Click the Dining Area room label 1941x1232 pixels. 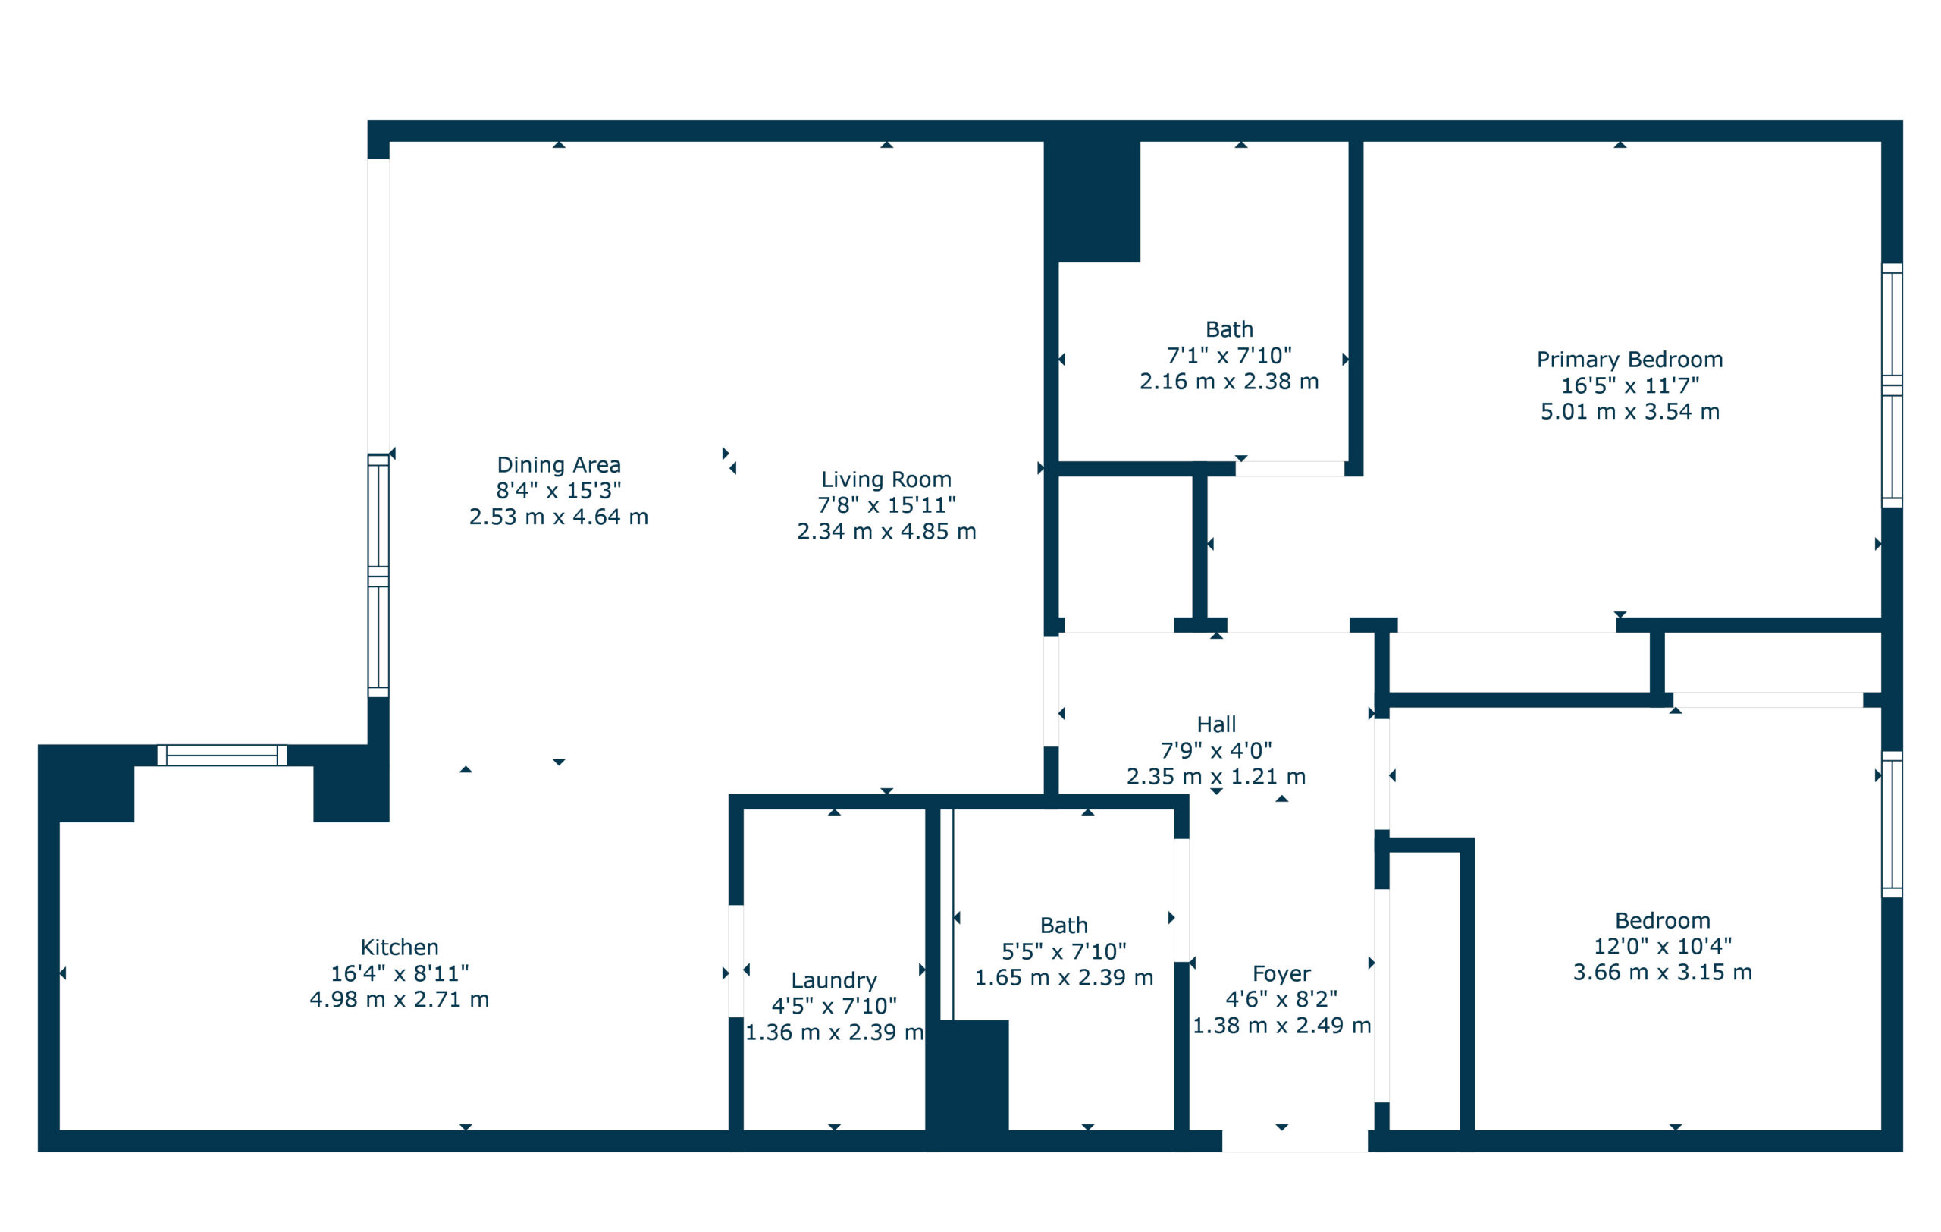coord(559,465)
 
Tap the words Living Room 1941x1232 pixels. coord(886,479)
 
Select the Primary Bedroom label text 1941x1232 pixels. coord(1629,360)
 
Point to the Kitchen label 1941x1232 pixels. coord(399,948)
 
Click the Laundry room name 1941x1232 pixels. coord(833,980)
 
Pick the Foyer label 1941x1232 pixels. coord(1281,974)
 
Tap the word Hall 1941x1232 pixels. coord(1215,724)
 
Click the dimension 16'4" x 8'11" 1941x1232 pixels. coord(399,974)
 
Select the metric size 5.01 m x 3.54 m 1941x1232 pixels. coord(1629,412)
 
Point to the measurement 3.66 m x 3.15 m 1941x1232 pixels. coord(1662,973)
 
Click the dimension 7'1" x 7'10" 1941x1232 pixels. coord(1228,356)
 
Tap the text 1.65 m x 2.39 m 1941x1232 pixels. coord(1063,978)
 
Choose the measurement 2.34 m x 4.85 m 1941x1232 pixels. coord(886,532)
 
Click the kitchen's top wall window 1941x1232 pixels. coord(221,756)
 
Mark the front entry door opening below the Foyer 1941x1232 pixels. coord(1293,1141)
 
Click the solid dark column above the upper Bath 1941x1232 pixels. coord(1093,202)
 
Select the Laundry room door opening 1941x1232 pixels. coord(735,961)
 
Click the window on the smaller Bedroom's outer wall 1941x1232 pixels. coord(1891,824)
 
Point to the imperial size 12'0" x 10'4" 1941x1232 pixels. coord(1662,946)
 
